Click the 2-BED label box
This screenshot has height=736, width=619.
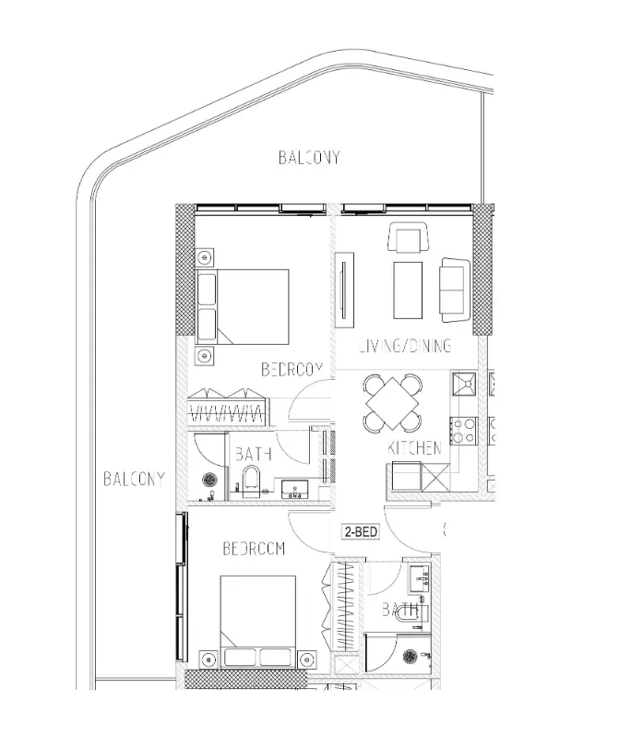coord(360,531)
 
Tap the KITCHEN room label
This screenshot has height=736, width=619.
coord(415,448)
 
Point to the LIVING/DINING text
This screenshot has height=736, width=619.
coord(405,346)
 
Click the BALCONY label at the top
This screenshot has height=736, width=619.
coord(308,157)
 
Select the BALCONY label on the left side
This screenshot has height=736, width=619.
coord(134,479)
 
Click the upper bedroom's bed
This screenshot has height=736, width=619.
coord(242,307)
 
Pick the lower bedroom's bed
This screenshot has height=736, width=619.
coord(258,622)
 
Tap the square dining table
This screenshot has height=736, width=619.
coord(392,403)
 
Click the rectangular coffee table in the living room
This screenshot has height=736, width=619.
coord(408,291)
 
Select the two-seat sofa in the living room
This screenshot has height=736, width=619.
coord(455,291)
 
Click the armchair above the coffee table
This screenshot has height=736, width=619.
coord(409,237)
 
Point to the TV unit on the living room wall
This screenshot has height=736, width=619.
coord(344,290)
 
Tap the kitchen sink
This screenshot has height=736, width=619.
coord(463,384)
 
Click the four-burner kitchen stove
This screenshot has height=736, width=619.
coord(463,431)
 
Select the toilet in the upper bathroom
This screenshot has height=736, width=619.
coord(251,481)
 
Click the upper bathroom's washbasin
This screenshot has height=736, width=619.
coord(295,490)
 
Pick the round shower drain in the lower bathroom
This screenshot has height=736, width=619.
coord(410,655)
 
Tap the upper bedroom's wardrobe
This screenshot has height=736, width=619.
coord(229,408)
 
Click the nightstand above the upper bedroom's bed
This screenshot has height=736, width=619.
coord(204,257)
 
